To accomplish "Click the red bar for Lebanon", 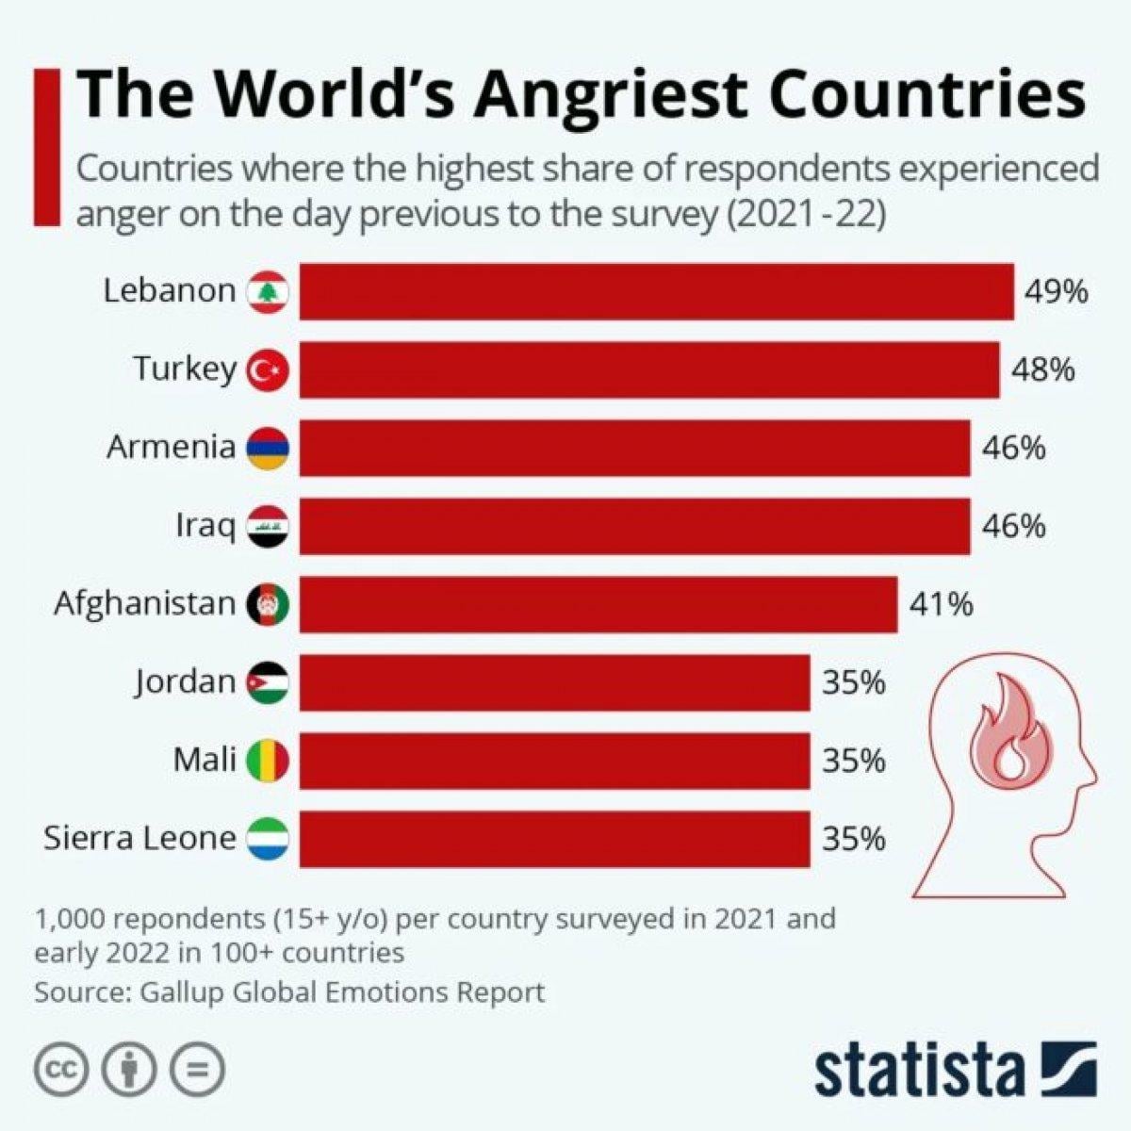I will pyautogui.click(x=656, y=292).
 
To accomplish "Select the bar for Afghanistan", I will pyautogui.click(x=598, y=604).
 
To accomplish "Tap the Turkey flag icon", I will pyautogui.click(x=268, y=370).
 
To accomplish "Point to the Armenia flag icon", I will pyautogui.click(x=268, y=448).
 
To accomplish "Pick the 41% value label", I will pyautogui.click(x=941, y=604).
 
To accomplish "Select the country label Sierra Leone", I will pyautogui.click(x=139, y=838).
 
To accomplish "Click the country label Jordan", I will pyautogui.click(x=185, y=681).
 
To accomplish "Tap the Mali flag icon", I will pyautogui.click(x=268, y=761).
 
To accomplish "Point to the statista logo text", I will pyautogui.click(x=920, y=1070).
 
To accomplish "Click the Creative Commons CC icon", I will pyautogui.click(x=62, y=1070).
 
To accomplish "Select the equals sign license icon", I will pyautogui.click(x=197, y=1070).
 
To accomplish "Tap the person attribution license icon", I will pyautogui.click(x=129, y=1070).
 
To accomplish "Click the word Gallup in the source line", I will pyautogui.click(x=182, y=992).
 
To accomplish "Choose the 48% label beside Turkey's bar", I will pyautogui.click(x=1042, y=370).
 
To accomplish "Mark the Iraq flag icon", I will pyautogui.click(x=268, y=527).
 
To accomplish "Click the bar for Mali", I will pyautogui.click(x=554, y=761).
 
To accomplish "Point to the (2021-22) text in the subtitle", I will pyautogui.click(x=806, y=214).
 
